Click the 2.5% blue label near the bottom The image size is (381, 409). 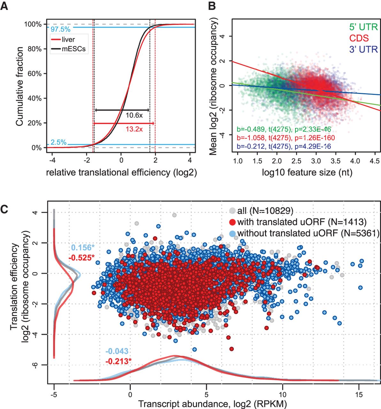coord(58,143)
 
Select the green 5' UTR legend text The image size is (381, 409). coord(363,27)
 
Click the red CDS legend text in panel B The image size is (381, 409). coord(359,38)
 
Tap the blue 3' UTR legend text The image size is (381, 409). coord(363,50)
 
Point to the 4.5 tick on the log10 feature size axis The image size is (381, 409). coord(375,160)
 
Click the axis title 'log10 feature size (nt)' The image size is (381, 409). coord(307,173)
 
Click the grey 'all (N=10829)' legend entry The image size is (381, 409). coord(265,210)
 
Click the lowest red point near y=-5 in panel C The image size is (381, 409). coord(232,349)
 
